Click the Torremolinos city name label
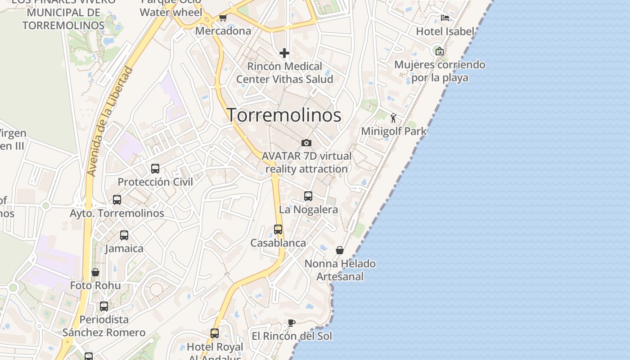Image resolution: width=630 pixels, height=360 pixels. pos(284,115)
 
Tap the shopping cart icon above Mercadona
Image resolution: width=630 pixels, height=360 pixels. pos(223,18)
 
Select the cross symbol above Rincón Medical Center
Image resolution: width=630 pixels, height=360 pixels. pos(284,54)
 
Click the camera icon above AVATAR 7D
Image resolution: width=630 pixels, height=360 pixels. pos(306,143)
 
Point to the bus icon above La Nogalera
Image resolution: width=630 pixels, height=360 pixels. pos(308,196)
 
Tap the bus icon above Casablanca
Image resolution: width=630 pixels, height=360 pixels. pos(278,229)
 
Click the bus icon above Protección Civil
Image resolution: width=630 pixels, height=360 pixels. pos(155,169)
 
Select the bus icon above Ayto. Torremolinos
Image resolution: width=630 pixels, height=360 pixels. pos(117,200)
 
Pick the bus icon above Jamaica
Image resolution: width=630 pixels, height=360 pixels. pos(124,235)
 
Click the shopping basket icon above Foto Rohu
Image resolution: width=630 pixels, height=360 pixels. pos(95,272)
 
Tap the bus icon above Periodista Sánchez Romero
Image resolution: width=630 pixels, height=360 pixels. pos(104,306)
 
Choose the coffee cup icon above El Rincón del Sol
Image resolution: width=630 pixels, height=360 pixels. pos(292,323)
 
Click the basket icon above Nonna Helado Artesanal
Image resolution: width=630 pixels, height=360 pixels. pos(340,250)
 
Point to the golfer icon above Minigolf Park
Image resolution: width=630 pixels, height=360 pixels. pos(394,118)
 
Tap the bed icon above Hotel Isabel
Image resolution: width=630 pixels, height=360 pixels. pos(445,18)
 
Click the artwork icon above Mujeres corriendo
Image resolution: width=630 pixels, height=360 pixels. pos(440,51)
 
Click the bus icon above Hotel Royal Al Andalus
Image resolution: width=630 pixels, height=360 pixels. pos(215,333)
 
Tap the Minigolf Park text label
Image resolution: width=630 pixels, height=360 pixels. pos(394,131)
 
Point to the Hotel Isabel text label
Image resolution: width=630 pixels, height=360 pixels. pos(445,31)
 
